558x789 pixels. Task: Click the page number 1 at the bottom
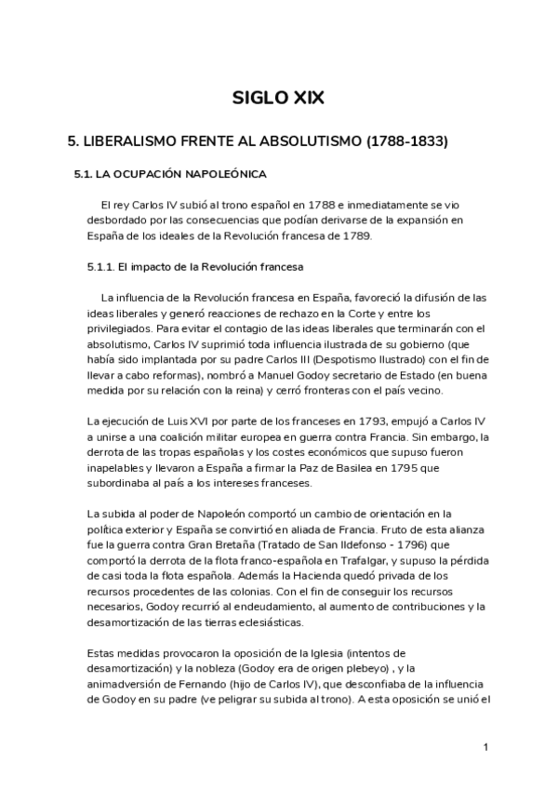pos(485,747)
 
